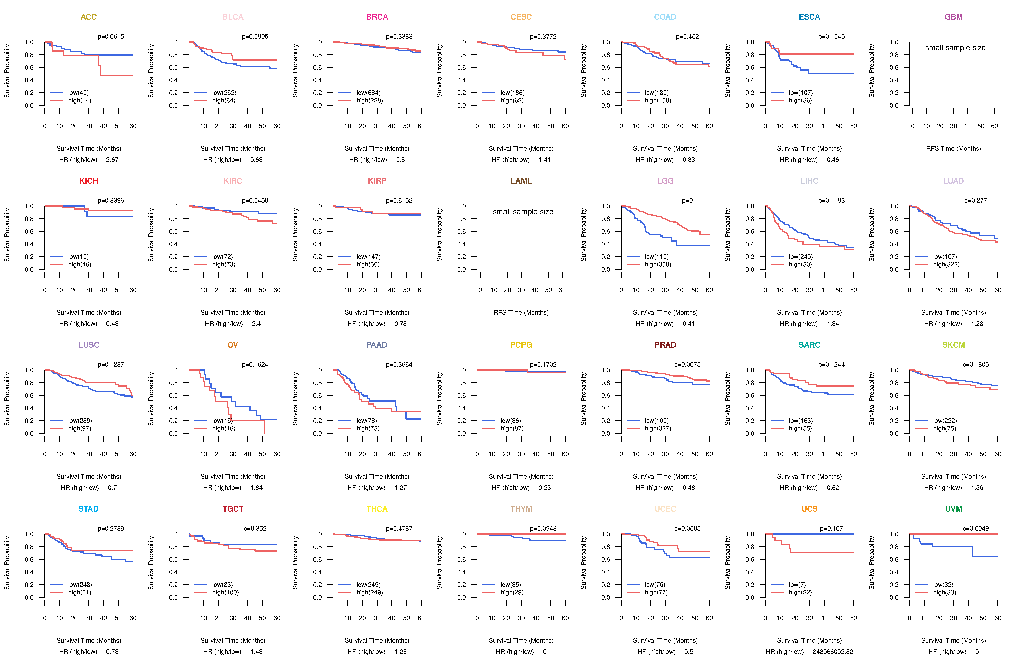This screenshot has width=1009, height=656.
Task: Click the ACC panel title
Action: click(x=89, y=17)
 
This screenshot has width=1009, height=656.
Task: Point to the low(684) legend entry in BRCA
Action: click(x=368, y=93)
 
